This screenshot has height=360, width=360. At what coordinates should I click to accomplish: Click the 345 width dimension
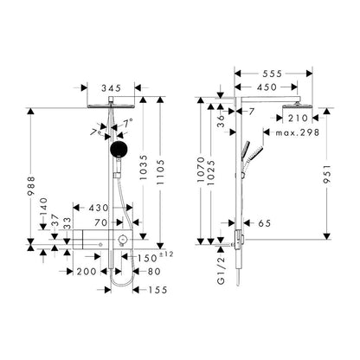[111, 87]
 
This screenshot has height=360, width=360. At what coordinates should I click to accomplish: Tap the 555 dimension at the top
[272, 74]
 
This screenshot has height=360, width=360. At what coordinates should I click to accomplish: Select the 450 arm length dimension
[267, 87]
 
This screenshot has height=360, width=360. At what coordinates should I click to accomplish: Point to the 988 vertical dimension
[31, 186]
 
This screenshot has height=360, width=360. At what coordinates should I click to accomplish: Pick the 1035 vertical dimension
[144, 167]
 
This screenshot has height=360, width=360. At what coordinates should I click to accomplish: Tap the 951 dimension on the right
[326, 174]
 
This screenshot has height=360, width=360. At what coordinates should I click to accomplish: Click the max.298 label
[298, 132]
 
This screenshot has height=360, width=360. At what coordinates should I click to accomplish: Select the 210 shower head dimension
[298, 118]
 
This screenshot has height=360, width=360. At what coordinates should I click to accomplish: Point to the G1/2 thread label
[221, 270]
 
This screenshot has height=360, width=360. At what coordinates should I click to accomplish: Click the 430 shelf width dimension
[99, 208]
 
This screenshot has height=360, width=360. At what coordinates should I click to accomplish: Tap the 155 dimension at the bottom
[157, 290]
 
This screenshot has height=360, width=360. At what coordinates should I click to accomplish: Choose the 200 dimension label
[87, 272]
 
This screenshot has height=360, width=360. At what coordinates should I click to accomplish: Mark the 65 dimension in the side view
[265, 223]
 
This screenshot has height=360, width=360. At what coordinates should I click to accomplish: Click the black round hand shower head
[119, 150]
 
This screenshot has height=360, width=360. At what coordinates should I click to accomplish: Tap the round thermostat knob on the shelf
[122, 239]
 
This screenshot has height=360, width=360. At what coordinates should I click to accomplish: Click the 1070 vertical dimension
[201, 169]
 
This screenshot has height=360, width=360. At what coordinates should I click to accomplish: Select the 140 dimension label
[43, 207]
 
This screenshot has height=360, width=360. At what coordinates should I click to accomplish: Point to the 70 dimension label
[100, 222]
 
